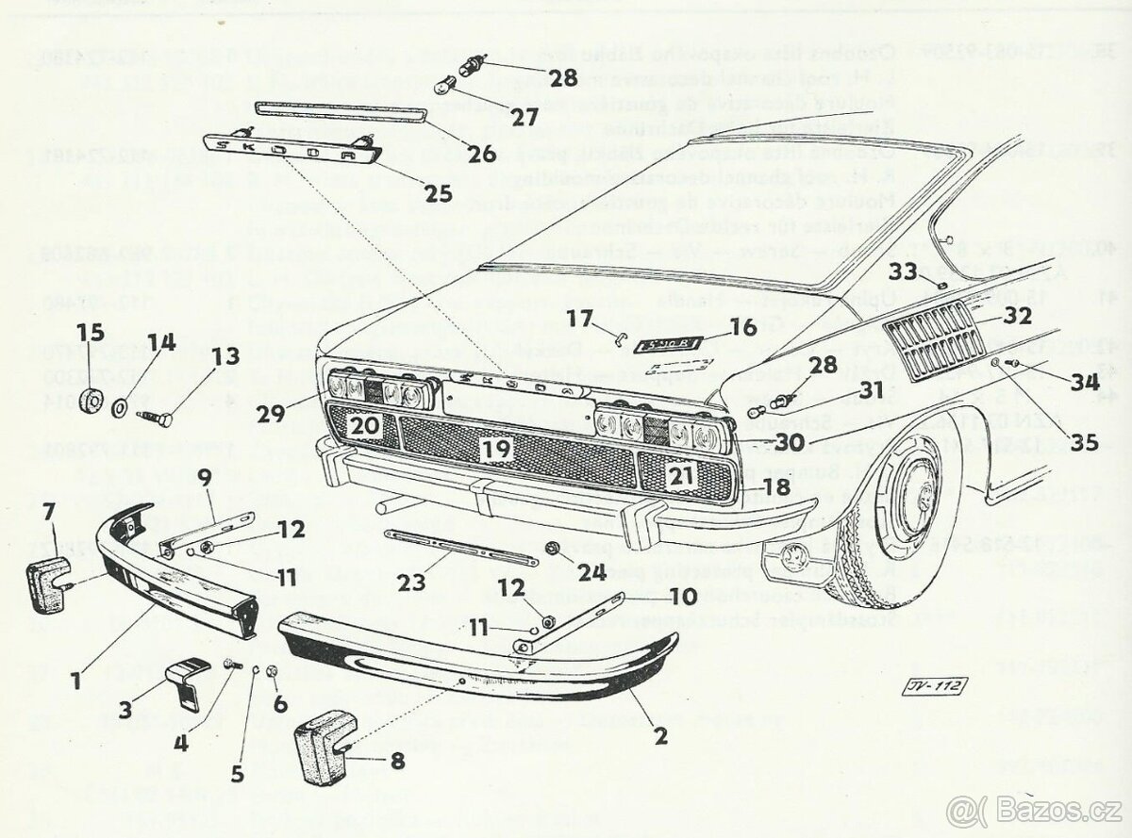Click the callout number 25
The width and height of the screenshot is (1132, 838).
(438, 194)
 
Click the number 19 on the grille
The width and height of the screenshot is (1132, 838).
(496, 450)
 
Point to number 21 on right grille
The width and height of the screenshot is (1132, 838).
(681, 476)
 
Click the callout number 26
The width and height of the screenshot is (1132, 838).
(481, 151)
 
